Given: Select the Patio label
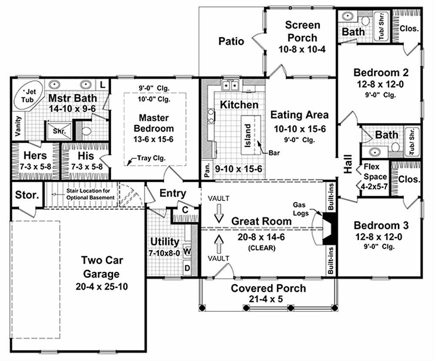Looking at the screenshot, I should coord(232,41).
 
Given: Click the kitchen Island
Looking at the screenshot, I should coord(248,134).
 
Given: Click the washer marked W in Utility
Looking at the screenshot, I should coord(187,251).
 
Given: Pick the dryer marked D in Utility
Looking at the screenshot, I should coord(187,268).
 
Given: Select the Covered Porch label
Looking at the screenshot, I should coord(268,288).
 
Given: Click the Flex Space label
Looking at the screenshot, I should coord(375,172).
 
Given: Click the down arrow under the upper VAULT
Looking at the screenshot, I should coord(219,216).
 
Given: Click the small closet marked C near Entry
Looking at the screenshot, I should coord(185,209).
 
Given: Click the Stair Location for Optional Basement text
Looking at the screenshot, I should coord(88,194).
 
